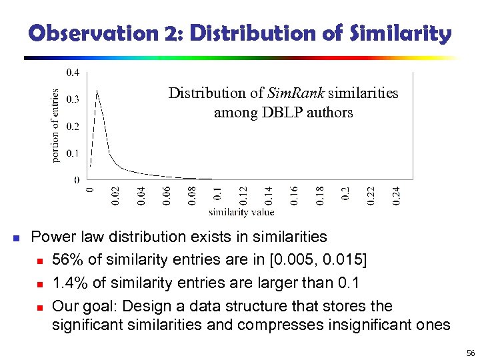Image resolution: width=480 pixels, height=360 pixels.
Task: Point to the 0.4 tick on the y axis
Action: point(73,72)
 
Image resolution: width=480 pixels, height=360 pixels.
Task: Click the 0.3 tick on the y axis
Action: point(73,99)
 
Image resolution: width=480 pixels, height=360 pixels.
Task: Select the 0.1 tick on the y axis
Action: point(73,153)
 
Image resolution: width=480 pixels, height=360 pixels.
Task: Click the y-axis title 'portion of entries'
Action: point(56,125)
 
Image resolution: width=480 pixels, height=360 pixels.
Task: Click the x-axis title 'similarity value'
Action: point(241,213)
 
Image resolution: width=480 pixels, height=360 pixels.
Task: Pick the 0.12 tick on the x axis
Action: point(243,195)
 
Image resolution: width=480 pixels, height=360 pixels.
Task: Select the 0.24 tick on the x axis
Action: point(396,195)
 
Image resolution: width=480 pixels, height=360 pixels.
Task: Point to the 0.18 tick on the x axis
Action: point(320,195)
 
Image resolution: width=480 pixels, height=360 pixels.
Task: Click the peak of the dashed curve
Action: point(98,91)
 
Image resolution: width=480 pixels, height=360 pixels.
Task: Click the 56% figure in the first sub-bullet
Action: point(65,260)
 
